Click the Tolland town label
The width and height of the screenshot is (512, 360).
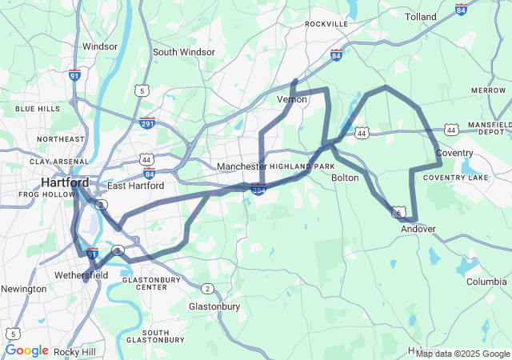(421, 16)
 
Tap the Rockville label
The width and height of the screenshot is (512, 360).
(326, 24)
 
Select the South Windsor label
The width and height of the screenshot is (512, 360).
(184, 52)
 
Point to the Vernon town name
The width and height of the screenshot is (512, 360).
(292, 99)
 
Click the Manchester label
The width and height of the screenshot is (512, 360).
(241, 166)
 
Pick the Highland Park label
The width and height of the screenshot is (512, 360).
(302, 166)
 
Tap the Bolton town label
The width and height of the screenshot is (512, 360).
(345, 178)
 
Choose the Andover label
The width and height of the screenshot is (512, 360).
(418, 229)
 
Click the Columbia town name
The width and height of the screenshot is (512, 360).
(486, 282)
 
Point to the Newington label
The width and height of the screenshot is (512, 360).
(23, 289)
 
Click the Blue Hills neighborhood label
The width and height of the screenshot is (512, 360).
(38, 108)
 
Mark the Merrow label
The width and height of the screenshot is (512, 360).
(488, 90)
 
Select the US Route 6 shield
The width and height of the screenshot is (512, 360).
(398, 213)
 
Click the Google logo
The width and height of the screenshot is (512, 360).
(26, 350)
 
